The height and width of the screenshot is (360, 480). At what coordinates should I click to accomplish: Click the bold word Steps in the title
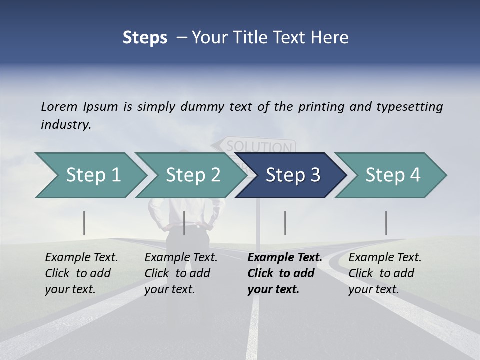click(145, 38)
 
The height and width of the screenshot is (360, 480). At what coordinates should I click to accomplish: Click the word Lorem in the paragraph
click(59, 107)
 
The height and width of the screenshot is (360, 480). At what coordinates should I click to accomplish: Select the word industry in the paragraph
click(66, 125)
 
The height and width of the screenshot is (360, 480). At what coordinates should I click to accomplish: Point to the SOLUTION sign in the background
click(258, 147)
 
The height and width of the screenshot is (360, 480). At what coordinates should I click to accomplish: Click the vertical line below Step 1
click(84, 223)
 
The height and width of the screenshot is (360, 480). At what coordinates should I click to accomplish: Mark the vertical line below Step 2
click(184, 223)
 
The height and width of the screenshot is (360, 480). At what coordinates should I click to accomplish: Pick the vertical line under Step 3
click(285, 223)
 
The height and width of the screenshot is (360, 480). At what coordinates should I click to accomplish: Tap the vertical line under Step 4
click(386, 223)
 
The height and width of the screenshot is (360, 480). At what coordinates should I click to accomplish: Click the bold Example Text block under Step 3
click(285, 273)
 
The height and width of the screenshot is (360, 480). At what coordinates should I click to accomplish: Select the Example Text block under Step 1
click(81, 273)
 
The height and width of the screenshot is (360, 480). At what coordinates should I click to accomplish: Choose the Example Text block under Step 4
click(385, 273)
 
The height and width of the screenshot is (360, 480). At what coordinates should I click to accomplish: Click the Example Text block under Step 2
click(181, 273)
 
